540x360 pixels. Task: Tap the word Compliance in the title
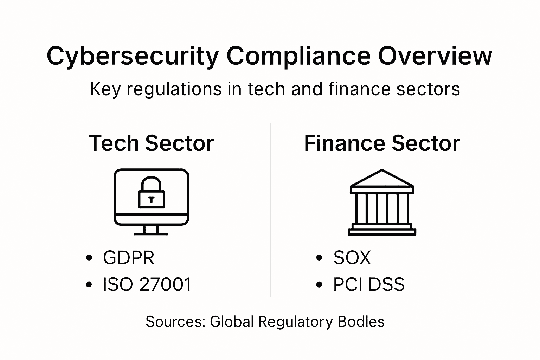coord(298,56)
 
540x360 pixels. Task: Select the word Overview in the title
coord(435,56)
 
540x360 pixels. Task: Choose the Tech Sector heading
coord(152,143)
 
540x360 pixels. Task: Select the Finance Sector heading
coord(382,143)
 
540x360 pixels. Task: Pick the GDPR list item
coord(129,258)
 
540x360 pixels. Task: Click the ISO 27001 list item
coord(147,284)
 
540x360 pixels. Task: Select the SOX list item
coord(352,258)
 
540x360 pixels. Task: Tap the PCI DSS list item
coord(369,284)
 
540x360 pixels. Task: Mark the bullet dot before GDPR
coord(89,258)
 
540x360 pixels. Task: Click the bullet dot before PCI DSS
coord(319,284)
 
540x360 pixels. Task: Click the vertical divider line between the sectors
coord(270,211)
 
